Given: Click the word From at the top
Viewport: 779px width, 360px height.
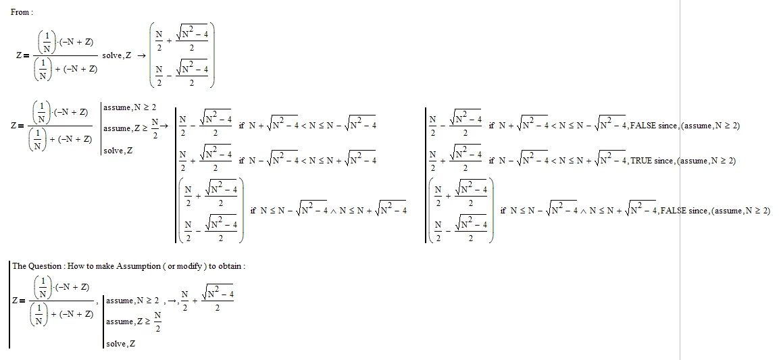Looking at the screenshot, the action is tap(20, 12).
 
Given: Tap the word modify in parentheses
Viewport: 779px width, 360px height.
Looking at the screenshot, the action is tap(190, 266).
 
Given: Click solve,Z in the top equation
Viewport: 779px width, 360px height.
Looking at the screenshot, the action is tap(117, 55).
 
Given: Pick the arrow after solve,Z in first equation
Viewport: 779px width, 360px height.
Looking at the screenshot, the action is tap(141, 55).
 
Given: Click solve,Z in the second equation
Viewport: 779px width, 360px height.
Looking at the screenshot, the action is tap(118, 151).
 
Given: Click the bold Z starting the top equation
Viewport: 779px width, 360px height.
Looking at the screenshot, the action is tap(19, 55).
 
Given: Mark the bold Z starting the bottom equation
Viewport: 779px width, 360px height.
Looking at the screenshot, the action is tap(16, 301).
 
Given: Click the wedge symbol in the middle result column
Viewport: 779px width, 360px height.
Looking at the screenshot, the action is tap(333, 211).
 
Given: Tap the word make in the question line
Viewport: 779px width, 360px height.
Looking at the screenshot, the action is tap(102, 266).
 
